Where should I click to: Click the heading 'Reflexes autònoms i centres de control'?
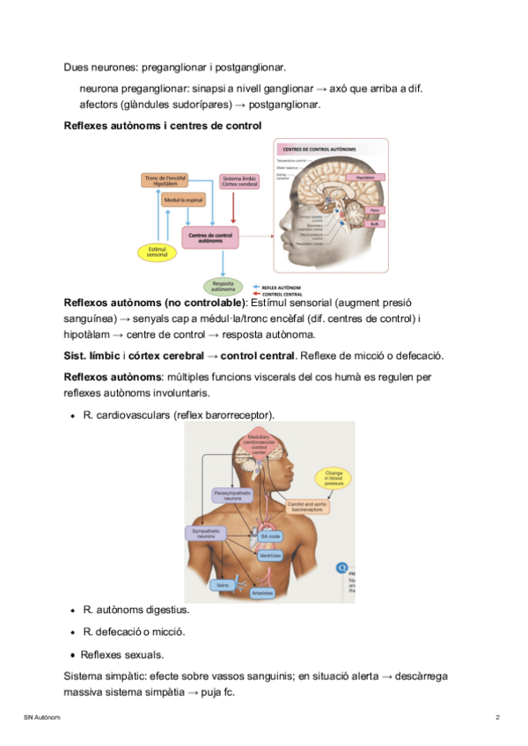pyautogui.click(x=163, y=126)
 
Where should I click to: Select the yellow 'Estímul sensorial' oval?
pyautogui.click(x=158, y=252)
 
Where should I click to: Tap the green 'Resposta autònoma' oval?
pyautogui.click(x=224, y=286)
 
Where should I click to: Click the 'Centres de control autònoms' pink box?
pyautogui.click(x=211, y=237)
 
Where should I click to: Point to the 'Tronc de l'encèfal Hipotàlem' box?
pyautogui.click(x=166, y=180)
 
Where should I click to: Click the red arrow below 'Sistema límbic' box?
pyautogui.click(x=232, y=209)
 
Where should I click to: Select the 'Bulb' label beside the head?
pyautogui.click(x=376, y=223)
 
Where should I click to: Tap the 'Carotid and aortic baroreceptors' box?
pyautogui.click(x=307, y=508)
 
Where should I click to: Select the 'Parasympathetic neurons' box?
pyautogui.click(x=232, y=495)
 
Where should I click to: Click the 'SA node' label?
pyautogui.click(x=269, y=536)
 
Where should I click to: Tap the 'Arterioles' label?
pyautogui.click(x=261, y=593)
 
